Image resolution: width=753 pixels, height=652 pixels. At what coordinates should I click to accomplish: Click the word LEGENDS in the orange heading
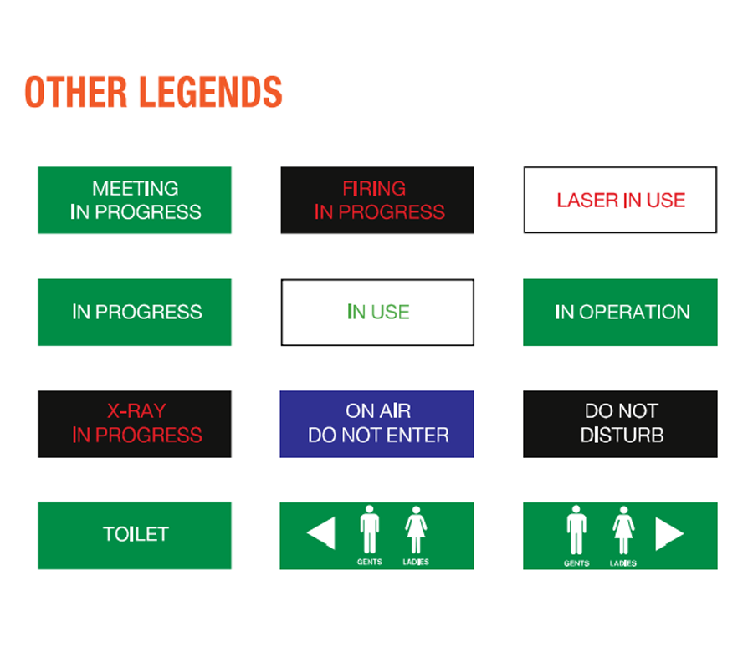pos(211,92)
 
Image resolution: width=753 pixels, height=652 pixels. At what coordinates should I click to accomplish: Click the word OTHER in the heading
pos(76,92)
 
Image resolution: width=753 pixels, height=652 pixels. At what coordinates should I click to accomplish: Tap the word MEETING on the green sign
pos(136,189)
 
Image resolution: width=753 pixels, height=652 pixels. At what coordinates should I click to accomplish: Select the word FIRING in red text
pos(374,189)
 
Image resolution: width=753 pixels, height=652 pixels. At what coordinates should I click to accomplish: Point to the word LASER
pos(587,200)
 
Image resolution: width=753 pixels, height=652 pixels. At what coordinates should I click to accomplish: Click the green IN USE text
pos(378,312)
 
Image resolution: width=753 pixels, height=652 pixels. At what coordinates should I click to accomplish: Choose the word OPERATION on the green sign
pos(635,312)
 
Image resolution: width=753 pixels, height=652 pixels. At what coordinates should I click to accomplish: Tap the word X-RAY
pos(136,411)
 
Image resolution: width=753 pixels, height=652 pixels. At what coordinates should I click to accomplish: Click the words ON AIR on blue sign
pos(378,411)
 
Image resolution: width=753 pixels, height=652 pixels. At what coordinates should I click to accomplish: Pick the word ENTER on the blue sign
pos(417,436)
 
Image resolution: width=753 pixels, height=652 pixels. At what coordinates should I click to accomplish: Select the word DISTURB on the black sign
pos(622,436)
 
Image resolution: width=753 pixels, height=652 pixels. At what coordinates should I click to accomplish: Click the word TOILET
pos(136,534)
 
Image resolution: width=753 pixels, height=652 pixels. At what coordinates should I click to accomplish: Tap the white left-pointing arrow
pos(320,533)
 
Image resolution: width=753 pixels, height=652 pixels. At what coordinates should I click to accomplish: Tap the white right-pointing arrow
pos(669,533)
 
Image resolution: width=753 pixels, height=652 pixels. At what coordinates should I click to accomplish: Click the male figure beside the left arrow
pos(369,529)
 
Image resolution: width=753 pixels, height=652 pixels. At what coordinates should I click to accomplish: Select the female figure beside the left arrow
pos(416,530)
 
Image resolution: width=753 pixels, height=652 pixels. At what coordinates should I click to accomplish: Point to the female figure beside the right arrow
pos(623,530)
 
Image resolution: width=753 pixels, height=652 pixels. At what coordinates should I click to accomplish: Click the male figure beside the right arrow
pos(576,530)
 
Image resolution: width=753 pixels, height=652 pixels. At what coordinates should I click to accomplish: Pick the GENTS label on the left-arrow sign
pos(369,562)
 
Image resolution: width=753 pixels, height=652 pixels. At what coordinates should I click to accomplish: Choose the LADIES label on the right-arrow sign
pos(623,563)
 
